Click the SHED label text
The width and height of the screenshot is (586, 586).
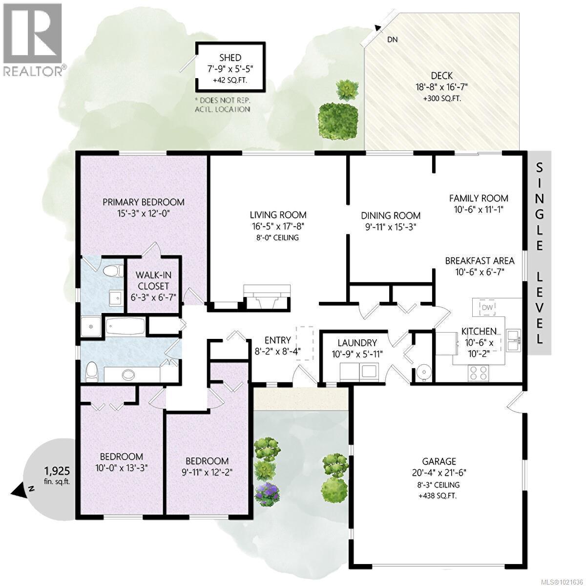coord(230,58)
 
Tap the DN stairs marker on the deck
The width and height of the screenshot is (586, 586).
coord(392,40)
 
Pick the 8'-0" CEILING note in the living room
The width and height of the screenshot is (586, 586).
coord(278,238)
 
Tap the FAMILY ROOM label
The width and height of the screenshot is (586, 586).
coord(479,198)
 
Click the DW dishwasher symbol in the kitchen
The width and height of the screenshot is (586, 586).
coord(487,307)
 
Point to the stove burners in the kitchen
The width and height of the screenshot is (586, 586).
coord(479,373)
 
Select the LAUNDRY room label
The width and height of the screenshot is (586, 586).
coord(357,343)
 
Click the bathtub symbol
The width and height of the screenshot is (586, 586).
coord(125,326)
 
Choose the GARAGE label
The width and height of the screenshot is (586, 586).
coord(439,461)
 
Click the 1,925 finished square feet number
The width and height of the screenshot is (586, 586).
coord(57,471)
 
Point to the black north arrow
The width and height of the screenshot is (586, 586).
coord(22,489)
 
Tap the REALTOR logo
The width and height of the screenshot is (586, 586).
coord(33,39)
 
